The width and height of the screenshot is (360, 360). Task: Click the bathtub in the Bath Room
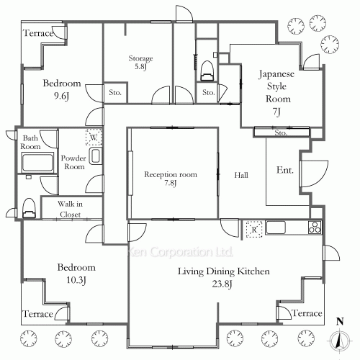tap(37, 162)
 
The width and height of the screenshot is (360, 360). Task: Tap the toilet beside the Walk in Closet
tap(29, 208)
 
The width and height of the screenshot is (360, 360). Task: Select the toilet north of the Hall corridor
tap(207, 71)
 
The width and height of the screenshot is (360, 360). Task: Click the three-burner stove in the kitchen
tap(315, 228)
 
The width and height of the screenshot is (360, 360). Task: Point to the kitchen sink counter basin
tap(276, 228)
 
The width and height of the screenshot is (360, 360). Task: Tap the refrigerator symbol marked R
tap(254, 230)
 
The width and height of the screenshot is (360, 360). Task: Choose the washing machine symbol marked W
tap(94, 137)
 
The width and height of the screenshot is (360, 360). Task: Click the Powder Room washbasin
tap(95, 156)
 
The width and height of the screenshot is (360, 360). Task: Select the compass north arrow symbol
tap(339, 341)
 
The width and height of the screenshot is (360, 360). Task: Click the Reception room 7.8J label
tap(171, 179)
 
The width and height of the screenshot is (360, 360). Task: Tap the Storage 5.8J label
tap(140, 62)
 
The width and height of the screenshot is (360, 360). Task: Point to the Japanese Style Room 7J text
tap(276, 92)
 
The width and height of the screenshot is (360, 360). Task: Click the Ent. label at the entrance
tap(285, 170)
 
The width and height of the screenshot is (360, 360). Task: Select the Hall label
tap(241, 175)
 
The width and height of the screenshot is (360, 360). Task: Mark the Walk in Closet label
tap(70, 209)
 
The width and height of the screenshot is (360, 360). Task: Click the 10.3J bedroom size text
tap(76, 280)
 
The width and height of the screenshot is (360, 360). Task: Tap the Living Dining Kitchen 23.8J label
tap(223, 277)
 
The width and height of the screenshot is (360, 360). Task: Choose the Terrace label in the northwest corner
tap(38, 33)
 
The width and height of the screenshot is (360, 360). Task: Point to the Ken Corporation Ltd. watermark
tap(180, 252)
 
